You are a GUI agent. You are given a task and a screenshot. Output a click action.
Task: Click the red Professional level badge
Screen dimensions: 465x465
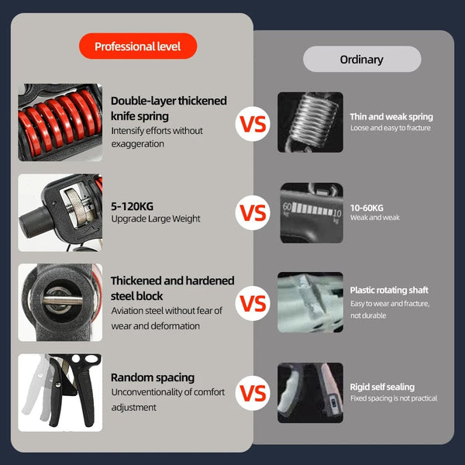[138, 46]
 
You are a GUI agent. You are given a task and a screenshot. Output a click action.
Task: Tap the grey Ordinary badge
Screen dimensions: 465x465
[362, 59]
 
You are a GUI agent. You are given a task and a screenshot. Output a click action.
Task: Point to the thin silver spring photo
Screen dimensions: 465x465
[310, 122]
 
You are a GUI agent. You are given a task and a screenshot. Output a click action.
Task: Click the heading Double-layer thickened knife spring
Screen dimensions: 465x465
[169, 108]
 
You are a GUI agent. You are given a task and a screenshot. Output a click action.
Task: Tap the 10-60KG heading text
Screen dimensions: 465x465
[367, 208]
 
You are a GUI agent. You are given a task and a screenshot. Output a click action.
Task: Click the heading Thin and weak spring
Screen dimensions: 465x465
[391, 117]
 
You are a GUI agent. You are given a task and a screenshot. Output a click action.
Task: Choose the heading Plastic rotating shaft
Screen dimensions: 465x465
[389, 290]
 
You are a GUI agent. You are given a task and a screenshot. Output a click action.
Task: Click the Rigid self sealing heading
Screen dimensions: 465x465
[382, 387]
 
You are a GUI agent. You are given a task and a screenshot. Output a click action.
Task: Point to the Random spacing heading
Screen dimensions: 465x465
[153, 377]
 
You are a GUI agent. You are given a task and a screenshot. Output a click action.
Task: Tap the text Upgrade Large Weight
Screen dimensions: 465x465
[156, 219]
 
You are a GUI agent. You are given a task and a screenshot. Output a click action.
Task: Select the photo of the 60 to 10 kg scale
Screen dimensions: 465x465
[310, 212]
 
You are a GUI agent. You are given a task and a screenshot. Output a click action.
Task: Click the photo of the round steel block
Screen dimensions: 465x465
[60, 302]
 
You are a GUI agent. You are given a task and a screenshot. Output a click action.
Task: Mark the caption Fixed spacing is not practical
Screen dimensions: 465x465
[394, 398]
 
